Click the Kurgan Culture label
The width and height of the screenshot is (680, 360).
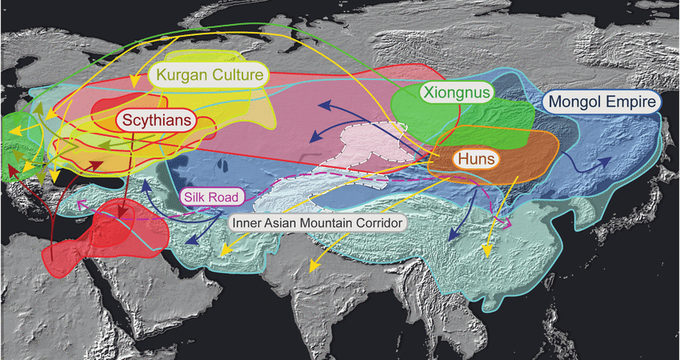[210, 77]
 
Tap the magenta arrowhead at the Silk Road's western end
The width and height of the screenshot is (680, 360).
[81, 207]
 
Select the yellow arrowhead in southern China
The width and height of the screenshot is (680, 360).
[485, 252]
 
